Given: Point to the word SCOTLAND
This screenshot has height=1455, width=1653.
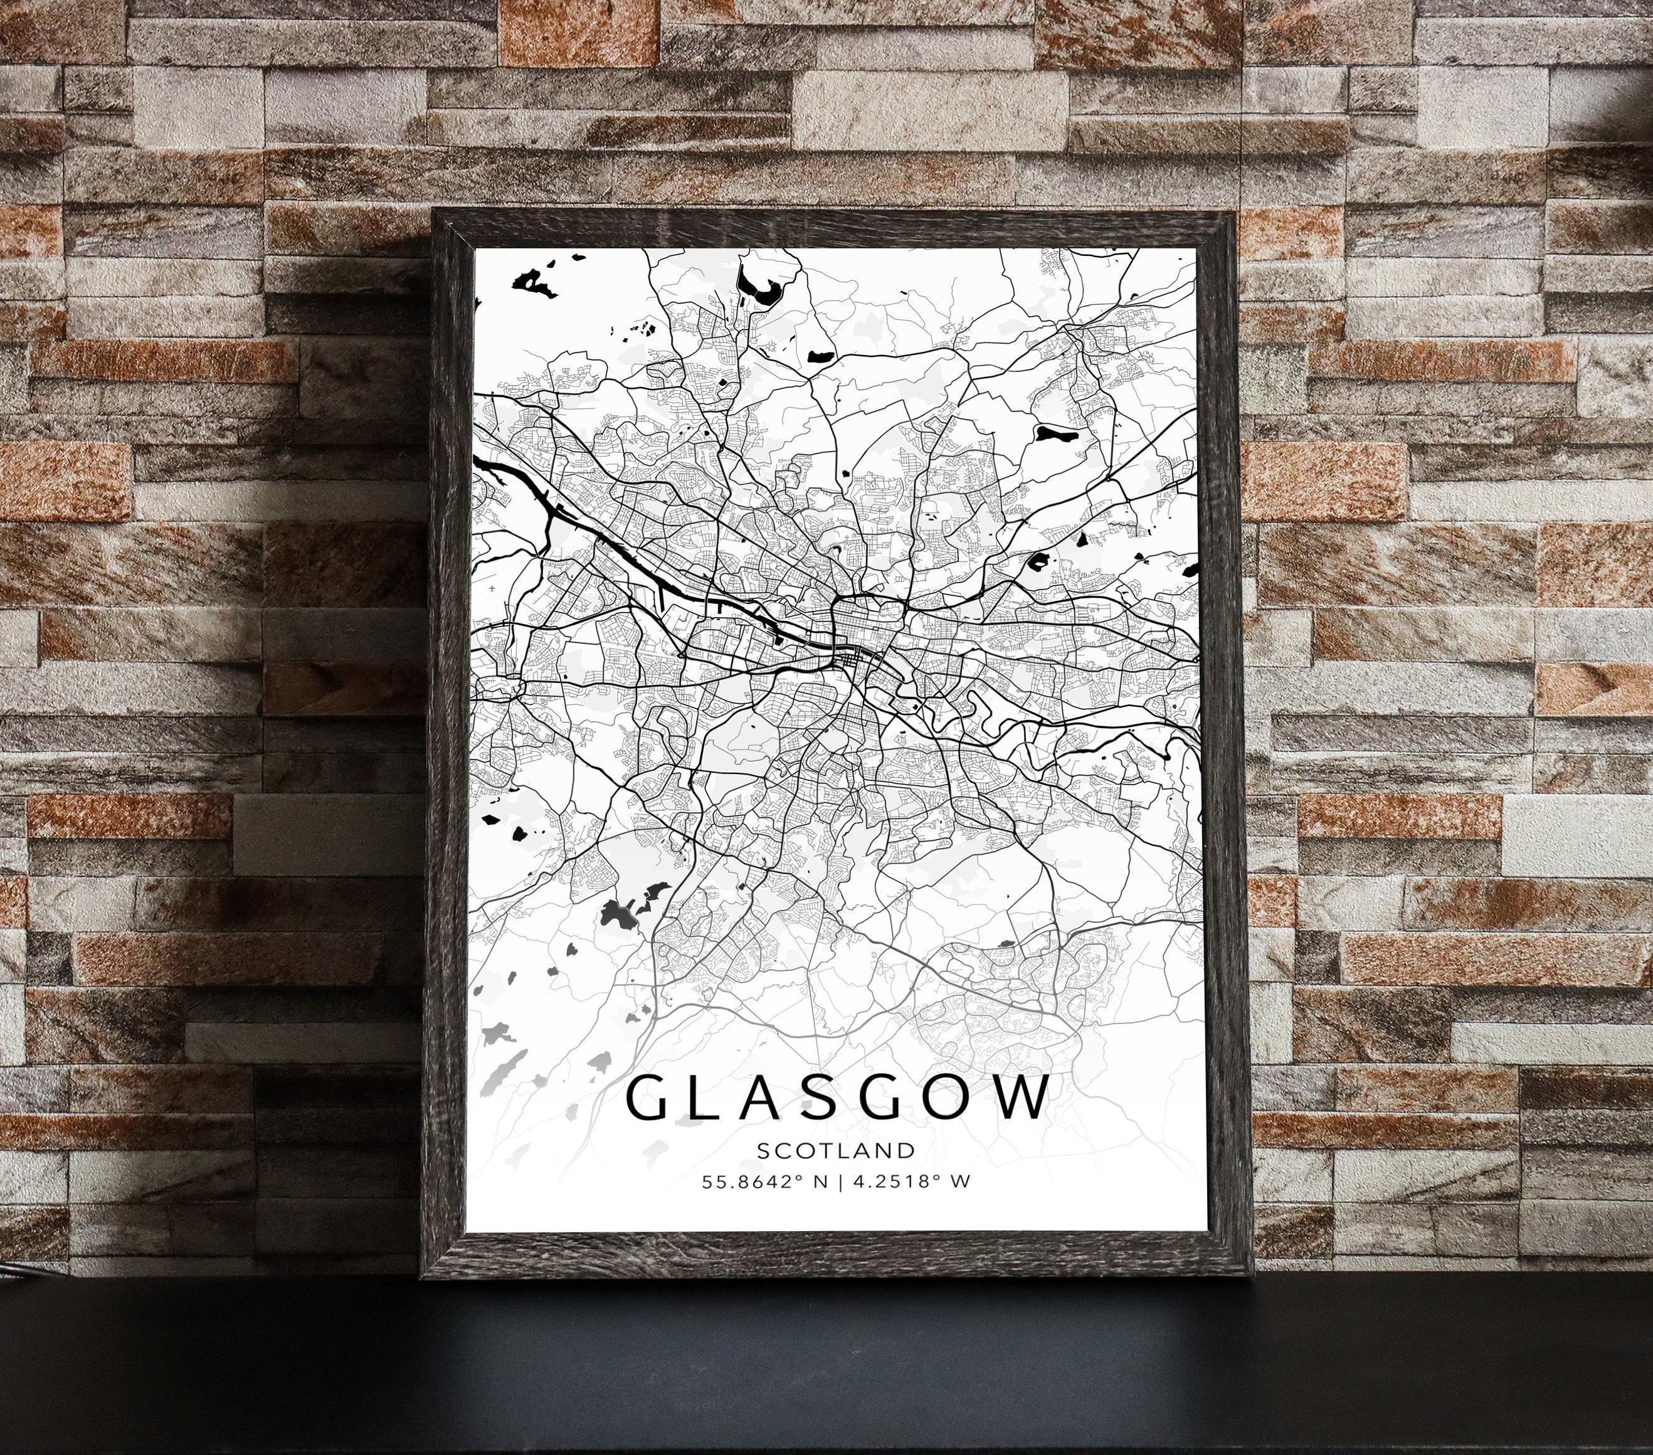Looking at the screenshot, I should (x=836, y=1150).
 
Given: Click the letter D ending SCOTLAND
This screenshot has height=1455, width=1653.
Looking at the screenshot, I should (x=909, y=1150).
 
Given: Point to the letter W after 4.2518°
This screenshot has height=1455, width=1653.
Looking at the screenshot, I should (x=961, y=1182).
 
